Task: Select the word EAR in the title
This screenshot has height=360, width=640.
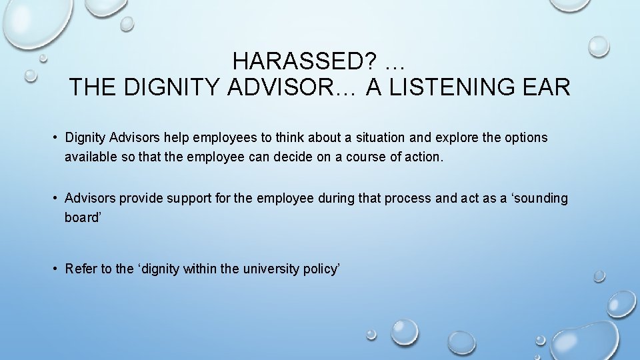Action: (549, 87)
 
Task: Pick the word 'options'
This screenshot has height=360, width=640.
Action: (523, 138)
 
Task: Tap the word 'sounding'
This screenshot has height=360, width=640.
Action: (541, 199)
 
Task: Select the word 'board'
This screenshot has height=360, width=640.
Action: (81, 218)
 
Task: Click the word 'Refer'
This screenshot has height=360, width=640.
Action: (81, 269)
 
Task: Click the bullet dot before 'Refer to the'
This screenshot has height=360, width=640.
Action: (56, 269)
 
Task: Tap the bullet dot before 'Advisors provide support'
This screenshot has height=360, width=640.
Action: (56, 199)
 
